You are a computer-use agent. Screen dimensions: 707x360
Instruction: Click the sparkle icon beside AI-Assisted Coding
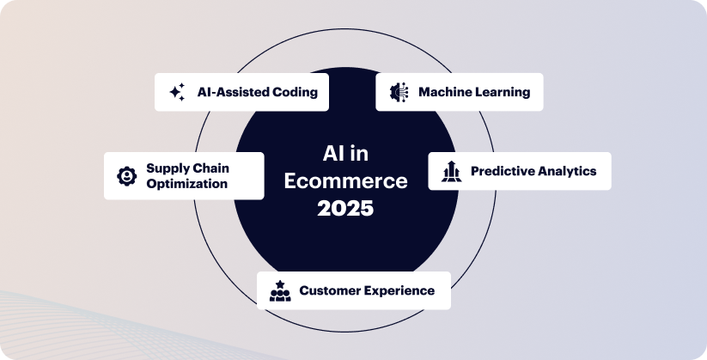click(x=177, y=92)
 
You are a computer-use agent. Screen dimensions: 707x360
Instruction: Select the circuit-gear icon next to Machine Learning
click(x=399, y=92)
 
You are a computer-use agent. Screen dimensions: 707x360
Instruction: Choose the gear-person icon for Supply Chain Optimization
click(x=126, y=176)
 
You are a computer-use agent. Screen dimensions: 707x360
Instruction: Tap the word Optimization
click(x=186, y=184)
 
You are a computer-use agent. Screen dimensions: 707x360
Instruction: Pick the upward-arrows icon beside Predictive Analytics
click(x=451, y=172)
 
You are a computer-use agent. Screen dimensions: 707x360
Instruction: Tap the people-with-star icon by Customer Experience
click(x=280, y=290)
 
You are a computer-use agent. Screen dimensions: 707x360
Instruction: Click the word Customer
click(x=330, y=290)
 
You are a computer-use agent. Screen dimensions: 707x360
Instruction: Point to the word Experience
click(x=399, y=291)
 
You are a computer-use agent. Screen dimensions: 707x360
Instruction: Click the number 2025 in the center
click(x=345, y=209)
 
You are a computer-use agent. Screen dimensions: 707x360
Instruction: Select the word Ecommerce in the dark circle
click(x=346, y=181)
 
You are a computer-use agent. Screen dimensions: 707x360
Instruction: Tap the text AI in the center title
click(x=332, y=155)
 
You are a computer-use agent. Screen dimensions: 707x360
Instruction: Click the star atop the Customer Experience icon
click(x=280, y=284)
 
